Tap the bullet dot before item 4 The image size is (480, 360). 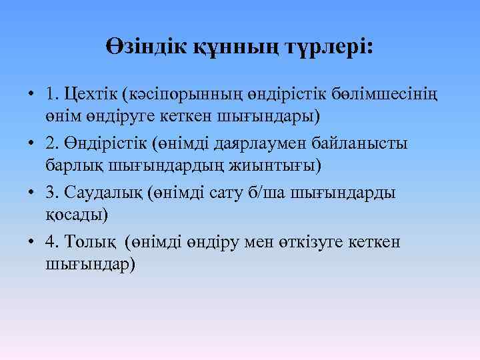click(x=31, y=243)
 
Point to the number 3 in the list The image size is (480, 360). click(x=51, y=193)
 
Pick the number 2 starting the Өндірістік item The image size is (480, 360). click(x=51, y=143)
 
